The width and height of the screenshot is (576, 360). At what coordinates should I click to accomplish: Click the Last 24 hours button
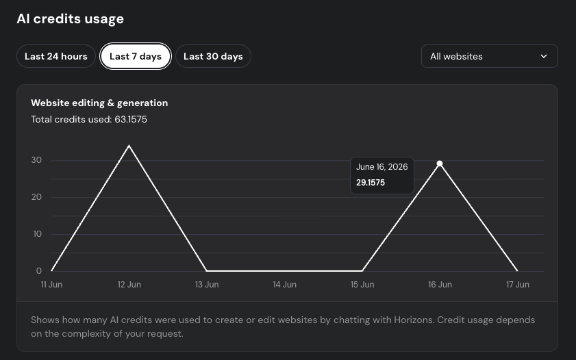click(56, 56)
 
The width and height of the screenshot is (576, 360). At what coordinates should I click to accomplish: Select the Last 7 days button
click(136, 56)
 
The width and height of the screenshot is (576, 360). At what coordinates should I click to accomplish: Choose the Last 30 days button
click(213, 56)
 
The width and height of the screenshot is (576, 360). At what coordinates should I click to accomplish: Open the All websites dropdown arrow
click(544, 56)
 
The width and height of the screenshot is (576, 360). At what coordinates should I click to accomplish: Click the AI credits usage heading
click(70, 18)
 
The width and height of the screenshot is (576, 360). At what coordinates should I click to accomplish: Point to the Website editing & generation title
click(99, 103)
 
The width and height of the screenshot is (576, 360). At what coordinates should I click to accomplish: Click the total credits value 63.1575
click(131, 119)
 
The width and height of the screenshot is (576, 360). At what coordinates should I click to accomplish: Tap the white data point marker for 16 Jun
click(439, 164)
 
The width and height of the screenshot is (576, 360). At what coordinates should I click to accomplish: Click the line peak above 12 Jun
click(129, 146)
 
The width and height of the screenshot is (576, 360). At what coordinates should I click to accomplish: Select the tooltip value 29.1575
click(371, 182)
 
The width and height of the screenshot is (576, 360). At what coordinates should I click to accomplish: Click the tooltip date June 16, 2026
click(381, 166)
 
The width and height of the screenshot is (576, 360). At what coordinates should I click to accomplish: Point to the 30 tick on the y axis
click(36, 160)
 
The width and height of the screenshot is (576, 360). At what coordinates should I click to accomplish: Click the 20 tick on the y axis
click(36, 197)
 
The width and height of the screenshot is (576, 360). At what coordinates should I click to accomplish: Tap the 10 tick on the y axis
click(37, 234)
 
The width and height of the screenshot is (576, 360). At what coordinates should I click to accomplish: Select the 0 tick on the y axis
click(39, 271)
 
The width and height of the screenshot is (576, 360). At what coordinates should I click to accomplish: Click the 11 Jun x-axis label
click(51, 285)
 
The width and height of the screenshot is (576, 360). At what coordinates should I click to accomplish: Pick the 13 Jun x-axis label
click(207, 285)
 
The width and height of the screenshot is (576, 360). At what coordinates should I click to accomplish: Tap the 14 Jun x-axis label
click(284, 285)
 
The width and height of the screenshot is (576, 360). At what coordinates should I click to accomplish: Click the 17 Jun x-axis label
click(518, 285)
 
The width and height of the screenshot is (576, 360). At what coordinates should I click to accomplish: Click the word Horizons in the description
click(414, 320)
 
